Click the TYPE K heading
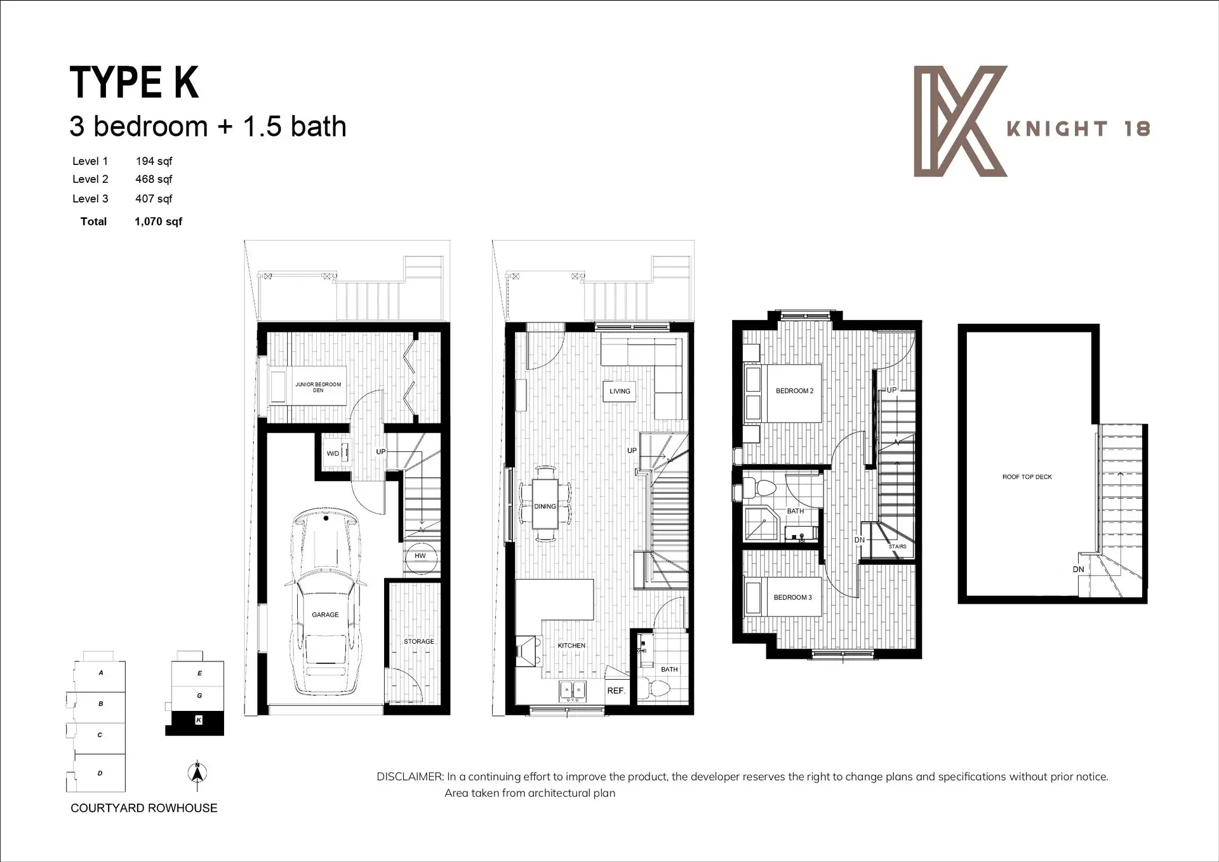pos(134,83)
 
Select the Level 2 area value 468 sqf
pos(154,180)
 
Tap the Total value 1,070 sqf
pos(158,222)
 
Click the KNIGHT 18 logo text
pos(1078,129)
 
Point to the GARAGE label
pos(325,614)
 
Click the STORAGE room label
pos(419,642)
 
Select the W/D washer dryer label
pos(333,453)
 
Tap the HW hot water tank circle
pos(420,556)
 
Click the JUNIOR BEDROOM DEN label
pos(318,387)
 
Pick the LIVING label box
pos(620,391)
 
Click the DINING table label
pos(545,507)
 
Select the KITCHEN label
pos(571,646)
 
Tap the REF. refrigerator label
pos(616,691)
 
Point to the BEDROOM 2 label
pos(794,391)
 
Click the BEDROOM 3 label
pos(792,597)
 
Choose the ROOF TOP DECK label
pos(1027,477)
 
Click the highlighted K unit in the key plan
pos(198,720)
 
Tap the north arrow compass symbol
pos(197,773)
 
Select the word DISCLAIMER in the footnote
pos(410,777)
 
